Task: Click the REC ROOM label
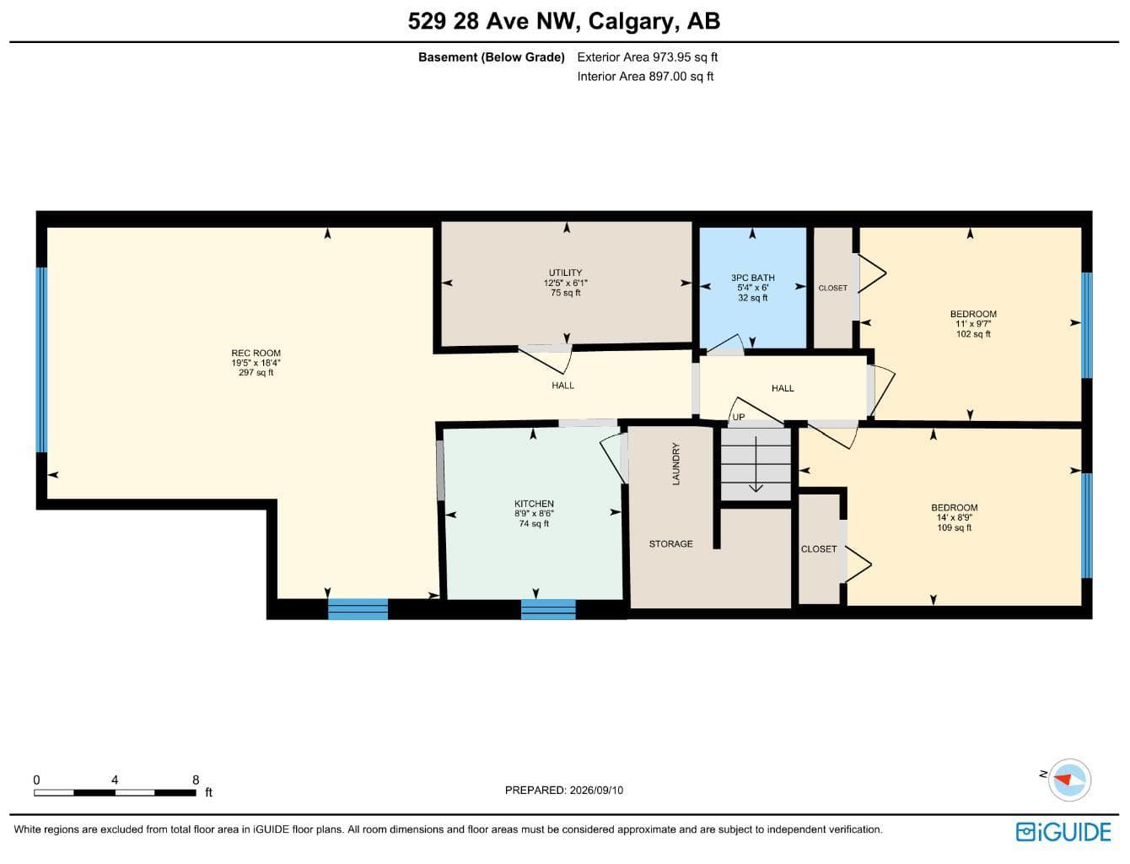(256, 354)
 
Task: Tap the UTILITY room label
(565, 273)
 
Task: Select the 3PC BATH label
(753, 278)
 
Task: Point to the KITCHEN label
(534, 504)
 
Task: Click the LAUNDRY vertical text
(676, 463)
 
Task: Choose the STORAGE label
(670, 543)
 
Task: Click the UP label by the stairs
(738, 417)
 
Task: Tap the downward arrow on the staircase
(756, 464)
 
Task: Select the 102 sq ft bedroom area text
(973, 333)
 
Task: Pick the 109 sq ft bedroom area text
(954, 527)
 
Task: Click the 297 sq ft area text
(256, 372)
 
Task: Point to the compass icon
(1069, 780)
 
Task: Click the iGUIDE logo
(1063, 832)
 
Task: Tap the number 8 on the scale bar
(196, 780)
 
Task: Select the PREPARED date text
(563, 791)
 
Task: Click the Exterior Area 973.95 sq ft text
(647, 57)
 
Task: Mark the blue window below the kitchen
(548, 608)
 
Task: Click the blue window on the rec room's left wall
(41, 359)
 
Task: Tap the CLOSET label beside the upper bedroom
(832, 289)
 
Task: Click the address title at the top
(564, 21)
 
